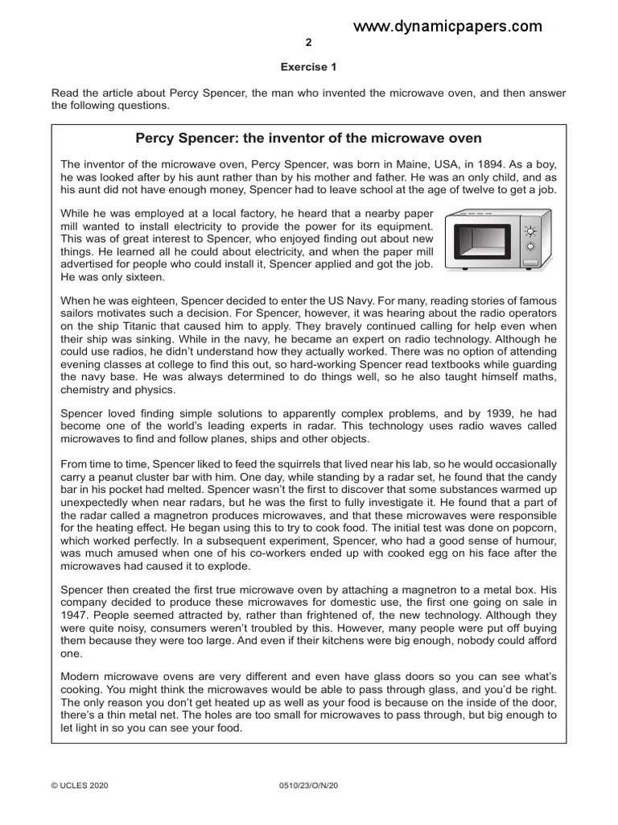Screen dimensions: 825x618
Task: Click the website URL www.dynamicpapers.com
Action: pyautogui.click(x=447, y=27)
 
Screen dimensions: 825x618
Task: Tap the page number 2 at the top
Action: pyautogui.click(x=309, y=43)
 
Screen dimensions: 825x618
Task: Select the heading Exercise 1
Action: pyautogui.click(x=308, y=68)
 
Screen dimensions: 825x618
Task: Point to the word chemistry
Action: pyautogui.click(x=88, y=390)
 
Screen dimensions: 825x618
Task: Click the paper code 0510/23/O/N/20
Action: pyautogui.click(x=308, y=783)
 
